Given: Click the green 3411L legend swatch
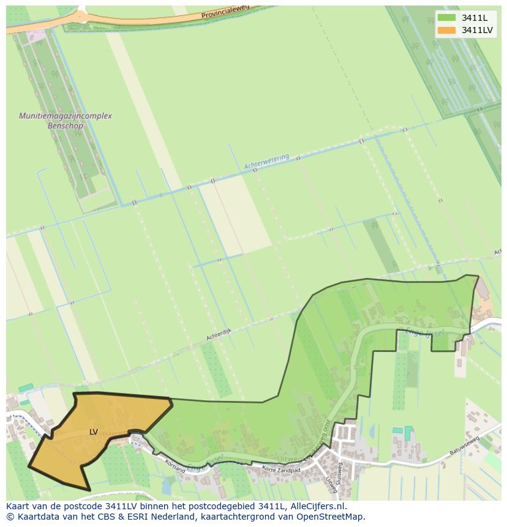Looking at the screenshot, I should [x=447, y=18].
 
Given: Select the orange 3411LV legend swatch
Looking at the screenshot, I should [x=447, y=30].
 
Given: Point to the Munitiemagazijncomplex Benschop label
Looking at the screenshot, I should [x=66, y=121].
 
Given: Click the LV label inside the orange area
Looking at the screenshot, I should [x=94, y=432].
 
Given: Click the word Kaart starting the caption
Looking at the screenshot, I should [x=18, y=506].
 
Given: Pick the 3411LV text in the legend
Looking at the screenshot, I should [x=477, y=30].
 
